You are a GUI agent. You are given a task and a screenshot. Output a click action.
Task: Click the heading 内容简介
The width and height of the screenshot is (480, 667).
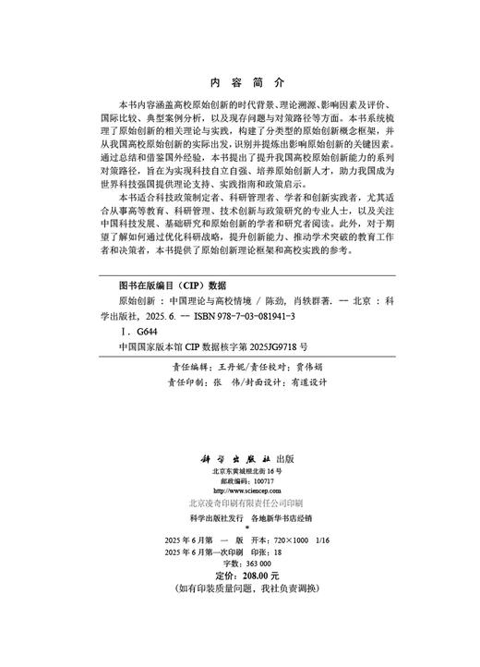(240, 80)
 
